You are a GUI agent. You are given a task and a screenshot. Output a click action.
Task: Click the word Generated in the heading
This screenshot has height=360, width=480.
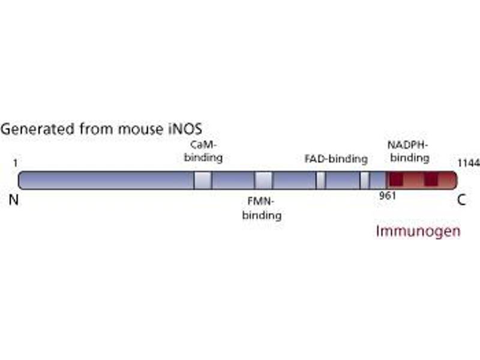click(x=29, y=129)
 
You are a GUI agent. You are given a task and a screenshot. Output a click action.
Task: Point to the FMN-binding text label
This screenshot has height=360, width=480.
click(x=262, y=209)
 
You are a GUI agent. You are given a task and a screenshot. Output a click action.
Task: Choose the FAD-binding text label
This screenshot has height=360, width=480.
click(x=335, y=159)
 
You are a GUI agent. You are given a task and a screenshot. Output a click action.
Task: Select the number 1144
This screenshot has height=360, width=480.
click(x=468, y=163)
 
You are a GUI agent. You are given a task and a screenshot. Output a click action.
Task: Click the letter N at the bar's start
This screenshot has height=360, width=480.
click(x=14, y=200)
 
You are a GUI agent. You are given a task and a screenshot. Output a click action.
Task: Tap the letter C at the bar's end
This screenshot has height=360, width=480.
click(x=461, y=200)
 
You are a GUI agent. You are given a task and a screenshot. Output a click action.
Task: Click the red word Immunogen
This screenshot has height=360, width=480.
click(x=418, y=230)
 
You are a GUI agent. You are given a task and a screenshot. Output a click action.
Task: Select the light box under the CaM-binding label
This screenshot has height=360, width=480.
click(x=203, y=180)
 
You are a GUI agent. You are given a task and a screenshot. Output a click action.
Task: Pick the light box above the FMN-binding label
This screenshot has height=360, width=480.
click(x=263, y=180)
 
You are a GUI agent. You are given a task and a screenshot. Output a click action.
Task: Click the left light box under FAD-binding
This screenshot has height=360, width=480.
click(x=320, y=180)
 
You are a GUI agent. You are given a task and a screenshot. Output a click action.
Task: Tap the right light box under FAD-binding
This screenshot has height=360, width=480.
click(x=364, y=180)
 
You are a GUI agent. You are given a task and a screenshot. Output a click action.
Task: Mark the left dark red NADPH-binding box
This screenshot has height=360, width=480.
click(x=394, y=179)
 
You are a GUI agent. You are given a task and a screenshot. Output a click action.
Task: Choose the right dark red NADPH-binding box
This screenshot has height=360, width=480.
click(x=431, y=179)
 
